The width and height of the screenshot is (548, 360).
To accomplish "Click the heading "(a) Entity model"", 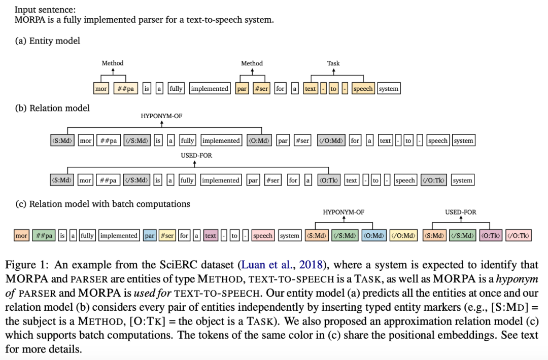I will [x=47, y=41].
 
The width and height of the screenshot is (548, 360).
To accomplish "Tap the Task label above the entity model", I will [x=333, y=63].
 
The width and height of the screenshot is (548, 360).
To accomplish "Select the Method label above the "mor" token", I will [x=113, y=63].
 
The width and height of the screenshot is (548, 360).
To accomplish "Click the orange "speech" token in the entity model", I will [x=363, y=89].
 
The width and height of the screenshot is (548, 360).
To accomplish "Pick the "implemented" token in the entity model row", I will [x=210, y=89].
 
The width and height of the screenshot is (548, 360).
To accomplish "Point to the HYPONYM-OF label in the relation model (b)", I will [x=161, y=116].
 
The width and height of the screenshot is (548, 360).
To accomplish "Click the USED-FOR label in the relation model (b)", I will [x=196, y=156].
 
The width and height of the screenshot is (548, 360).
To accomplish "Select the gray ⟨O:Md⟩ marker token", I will [x=259, y=140].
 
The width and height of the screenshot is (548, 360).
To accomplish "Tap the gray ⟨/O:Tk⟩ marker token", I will [x=433, y=180].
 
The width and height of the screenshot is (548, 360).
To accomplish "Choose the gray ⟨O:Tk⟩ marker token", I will [x=329, y=180].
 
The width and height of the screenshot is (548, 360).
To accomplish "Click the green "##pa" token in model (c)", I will [x=43, y=236].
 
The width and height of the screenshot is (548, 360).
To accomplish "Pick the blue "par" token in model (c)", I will [x=149, y=236].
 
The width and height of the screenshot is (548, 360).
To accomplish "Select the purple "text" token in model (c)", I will [x=211, y=236].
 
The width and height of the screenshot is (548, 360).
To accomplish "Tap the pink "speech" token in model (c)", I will [x=262, y=236].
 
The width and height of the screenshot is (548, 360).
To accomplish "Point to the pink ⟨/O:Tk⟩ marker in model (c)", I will [x=519, y=236].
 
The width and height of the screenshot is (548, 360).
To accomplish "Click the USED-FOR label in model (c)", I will [x=461, y=212].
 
